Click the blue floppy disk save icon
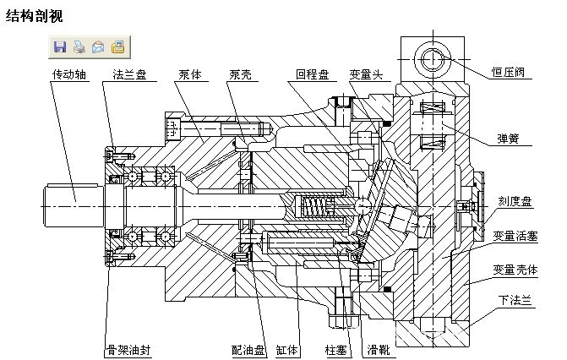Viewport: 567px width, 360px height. tap(60, 46)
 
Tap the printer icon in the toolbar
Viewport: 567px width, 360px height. tap(79, 46)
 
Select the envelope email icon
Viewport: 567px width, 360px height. tap(98, 46)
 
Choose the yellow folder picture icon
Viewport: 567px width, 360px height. tap(117, 46)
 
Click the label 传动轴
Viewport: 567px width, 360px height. tap(68, 74)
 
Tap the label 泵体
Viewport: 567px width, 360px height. tap(190, 74)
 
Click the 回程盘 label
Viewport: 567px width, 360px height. tap(312, 74)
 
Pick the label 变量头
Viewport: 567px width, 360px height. tap(366, 74)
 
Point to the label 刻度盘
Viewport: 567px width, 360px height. tap(514, 201)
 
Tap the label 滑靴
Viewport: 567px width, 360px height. tap(377, 348)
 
